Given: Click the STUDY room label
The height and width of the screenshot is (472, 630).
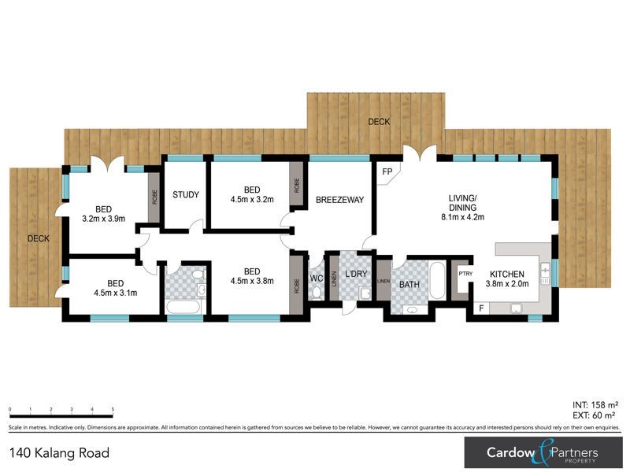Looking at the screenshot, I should click(x=186, y=194).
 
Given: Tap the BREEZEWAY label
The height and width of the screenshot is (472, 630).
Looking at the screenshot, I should click(x=339, y=200).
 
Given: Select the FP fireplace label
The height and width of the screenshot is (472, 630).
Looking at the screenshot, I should click(x=387, y=171).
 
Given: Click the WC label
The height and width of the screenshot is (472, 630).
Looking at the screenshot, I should click(x=317, y=278).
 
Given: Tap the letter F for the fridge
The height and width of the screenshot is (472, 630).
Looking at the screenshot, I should click(x=481, y=308).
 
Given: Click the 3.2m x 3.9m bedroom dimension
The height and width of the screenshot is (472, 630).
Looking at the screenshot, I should click(x=105, y=219).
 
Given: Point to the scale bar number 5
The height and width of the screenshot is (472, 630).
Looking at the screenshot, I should click(x=113, y=410).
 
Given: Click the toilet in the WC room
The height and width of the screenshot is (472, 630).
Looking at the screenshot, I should click(x=317, y=293).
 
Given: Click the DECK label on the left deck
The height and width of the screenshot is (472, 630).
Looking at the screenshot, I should click(x=39, y=238).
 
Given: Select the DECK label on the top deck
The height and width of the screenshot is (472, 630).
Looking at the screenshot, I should click(x=380, y=122).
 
